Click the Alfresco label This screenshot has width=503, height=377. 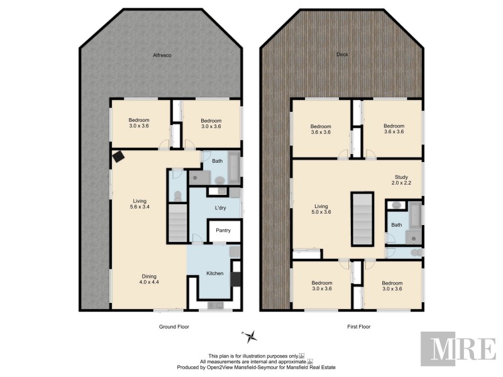[162, 56]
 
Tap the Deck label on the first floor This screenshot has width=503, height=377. [341, 55]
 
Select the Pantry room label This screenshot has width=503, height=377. [223, 231]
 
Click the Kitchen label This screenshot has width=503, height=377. [215, 273]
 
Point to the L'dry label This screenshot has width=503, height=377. [220, 207]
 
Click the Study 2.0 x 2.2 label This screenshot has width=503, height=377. [401, 180]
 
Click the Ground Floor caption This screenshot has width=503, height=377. [174, 327]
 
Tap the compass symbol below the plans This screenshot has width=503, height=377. [250, 336]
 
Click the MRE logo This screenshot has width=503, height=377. [458, 347]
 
